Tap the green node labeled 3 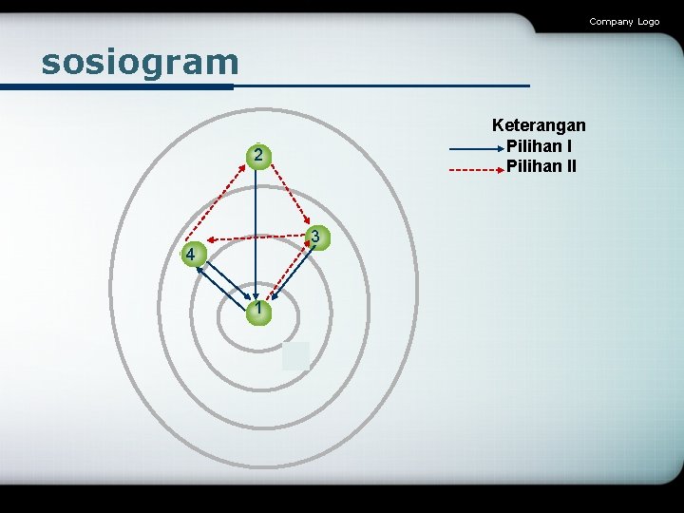[319, 236]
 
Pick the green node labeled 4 [192, 254]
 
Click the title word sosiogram [140, 63]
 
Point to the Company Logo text [623, 21]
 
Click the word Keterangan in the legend [539, 125]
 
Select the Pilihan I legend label [539, 146]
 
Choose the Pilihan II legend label [541, 167]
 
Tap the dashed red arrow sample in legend [475, 170]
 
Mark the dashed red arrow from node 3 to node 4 [256, 237]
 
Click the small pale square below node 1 [295, 355]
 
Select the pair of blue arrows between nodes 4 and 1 [221, 282]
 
